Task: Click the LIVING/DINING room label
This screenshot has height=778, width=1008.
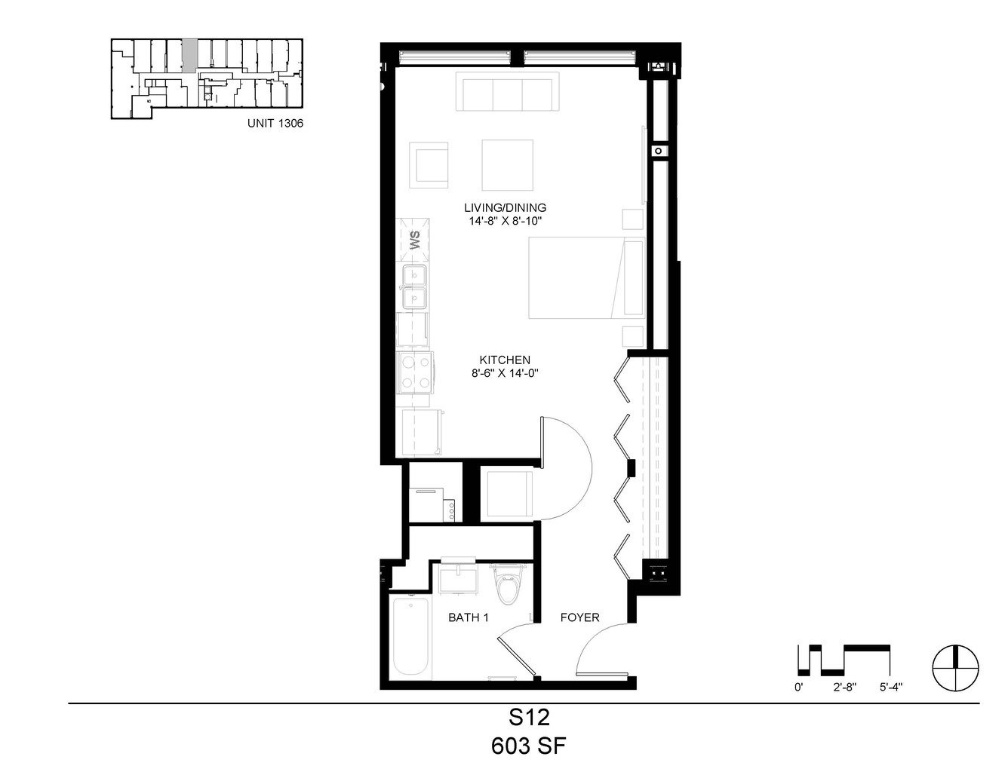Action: (506, 207)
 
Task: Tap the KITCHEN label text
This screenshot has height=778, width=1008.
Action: (505, 360)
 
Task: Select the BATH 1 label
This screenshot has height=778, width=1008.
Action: (468, 617)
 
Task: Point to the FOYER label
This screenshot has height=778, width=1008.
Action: (580, 617)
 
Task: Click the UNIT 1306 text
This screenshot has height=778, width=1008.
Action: (275, 123)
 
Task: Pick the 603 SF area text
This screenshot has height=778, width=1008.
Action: (528, 746)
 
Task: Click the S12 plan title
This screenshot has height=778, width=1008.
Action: (530, 718)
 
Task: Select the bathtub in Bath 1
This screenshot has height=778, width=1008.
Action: (411, 637)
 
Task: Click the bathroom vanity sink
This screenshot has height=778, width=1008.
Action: (458, 577)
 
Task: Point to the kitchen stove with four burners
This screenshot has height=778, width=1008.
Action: (415, 372)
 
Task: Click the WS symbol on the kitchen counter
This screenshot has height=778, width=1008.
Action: (413, 240)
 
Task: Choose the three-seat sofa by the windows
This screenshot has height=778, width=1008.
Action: (507, 91)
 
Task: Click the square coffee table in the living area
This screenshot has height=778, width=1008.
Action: (507, 165)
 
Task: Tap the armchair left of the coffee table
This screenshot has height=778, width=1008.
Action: (429, 165)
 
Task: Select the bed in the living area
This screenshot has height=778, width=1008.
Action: (587, 278)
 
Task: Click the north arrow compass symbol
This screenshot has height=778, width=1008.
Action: (956, 668)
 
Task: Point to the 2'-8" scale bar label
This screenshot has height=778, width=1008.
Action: (844, 688)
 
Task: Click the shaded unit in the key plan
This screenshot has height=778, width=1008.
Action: (189, 56)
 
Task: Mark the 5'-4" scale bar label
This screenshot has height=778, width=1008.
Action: (890, 688)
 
